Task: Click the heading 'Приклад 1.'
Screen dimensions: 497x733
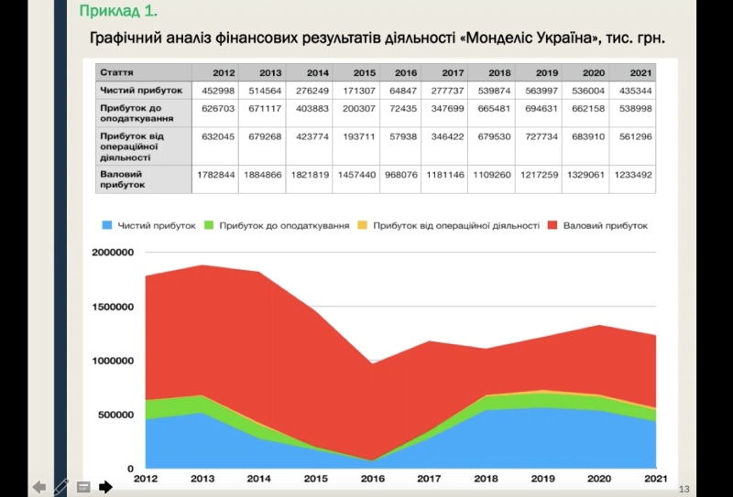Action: click(x=118, y=12)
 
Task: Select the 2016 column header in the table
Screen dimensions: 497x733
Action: click(x=406, y=71)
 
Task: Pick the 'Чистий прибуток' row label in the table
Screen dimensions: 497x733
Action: click(x=141, y=91)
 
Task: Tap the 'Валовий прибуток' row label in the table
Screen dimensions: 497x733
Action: click(x=122, y=178)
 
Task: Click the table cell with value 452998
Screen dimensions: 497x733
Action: click(x=217, y=91)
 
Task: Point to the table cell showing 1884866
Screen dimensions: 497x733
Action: click(x=262, y=173)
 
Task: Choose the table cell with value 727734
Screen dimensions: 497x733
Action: click(x=540, y=137)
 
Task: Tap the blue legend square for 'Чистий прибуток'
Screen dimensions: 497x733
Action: click(x=107, y=225)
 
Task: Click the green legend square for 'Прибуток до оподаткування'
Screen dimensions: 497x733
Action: click(x=209, y=225)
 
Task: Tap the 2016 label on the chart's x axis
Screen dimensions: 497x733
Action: click(x=373, y=479)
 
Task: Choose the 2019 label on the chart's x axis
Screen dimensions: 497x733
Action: click(x=544, y=479)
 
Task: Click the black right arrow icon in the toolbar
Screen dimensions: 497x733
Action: click(x=105, y=487)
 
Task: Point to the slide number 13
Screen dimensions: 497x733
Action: click(x=684, y=488)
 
